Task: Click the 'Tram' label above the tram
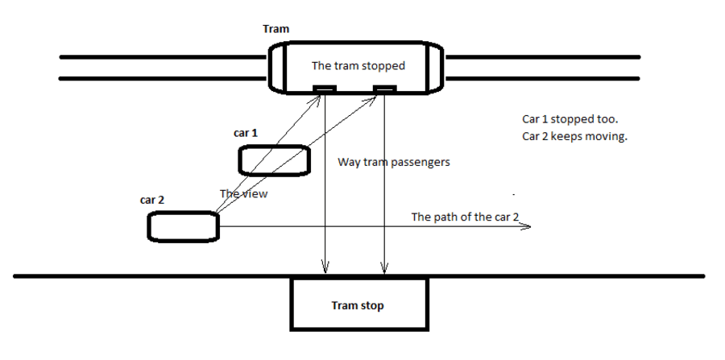(x=276, y=29)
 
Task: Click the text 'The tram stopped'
(x=358, y=66)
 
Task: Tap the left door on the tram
(x=325, y=89)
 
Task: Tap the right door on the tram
(x=385, y=89)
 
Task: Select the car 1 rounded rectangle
(x=274, y=160)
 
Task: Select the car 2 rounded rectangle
(x=183, y=226)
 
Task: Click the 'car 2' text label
(x=152, y=199)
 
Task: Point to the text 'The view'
(x=244, y=194)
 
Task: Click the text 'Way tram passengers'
(x=393, y=163)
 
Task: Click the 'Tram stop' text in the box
(x=358, y=306)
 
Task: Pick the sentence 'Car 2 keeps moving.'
(x=574, y=136)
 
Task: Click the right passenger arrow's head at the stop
(x=385, y=267)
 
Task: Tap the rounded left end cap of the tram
(x=276, y=68)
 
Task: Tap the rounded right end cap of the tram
(x=436, y=68)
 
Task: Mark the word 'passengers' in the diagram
(x=420, y=163)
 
